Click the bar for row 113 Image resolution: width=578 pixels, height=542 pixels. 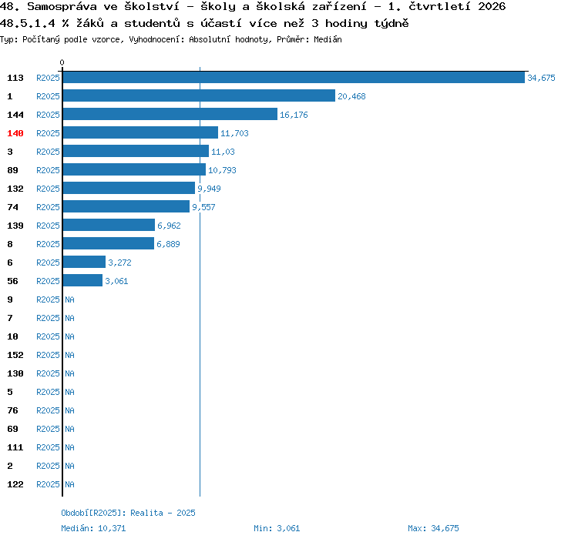pyautogui.click(x=294, y=77)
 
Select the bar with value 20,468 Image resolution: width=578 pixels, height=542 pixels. pyautogui.click(x=199, y=95)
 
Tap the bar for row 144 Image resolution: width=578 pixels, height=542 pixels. pyautogui.click(x=170, y=114)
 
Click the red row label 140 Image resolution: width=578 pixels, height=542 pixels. pyautogui.click(x=15, y=133)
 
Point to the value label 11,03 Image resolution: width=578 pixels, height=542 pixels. pyautogui.click(x=223, y=152)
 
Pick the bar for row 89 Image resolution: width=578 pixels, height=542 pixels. pyautogui.click(x=135, y=169)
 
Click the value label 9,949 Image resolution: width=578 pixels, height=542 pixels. pyautogui.click(x=209, y=189)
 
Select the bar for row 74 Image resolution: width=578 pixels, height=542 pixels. pyautogui.click(x=126, y=206)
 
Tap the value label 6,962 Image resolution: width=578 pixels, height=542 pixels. pyautogui.click(x=169, y=226)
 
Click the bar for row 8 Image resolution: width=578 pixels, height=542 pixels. pyautogui.click(x=109, y=243)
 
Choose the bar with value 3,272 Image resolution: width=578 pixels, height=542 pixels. pyautogui.click(x=85, y=262)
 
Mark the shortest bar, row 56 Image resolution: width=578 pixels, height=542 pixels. pyautogui.click(x=83, y=280)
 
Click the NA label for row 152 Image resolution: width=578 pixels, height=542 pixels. pyautogui.click(x=69, y=355)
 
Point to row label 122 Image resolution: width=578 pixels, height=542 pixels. pyautogui.click(x=15, y=484)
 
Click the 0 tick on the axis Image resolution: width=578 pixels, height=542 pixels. pyautogui.click(x=62, y=62)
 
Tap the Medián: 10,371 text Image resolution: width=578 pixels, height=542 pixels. pyautogui.click(x=93, y=528)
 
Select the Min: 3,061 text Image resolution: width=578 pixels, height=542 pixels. pyautogui.click(x=277, y=528)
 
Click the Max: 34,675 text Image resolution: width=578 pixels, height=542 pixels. pyautogui.click(x=433, y=528)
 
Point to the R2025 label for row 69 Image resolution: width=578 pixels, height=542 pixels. pyautogui.click(x=48, y=429)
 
